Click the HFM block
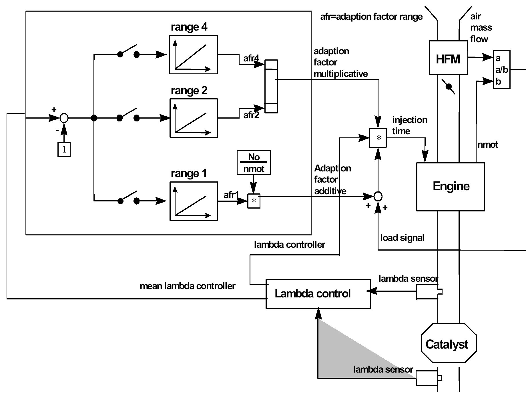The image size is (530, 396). pos(448,58)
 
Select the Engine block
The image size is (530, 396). pos(450,187)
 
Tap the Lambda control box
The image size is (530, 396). pos(318,294)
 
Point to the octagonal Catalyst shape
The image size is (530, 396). pos(448,343)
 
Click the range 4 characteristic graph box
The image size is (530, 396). pos(193,55)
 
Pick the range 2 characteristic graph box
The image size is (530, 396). pos(194,118)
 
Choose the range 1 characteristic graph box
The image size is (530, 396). pos(194,201)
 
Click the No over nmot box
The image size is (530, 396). pos(254,163)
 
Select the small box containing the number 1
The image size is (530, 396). pos(64,149)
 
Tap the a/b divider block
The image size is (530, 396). pos(501,69)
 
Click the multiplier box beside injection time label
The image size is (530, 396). pos(378,138)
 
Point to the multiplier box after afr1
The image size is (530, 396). pos(254,201)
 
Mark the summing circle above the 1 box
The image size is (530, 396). pos(64,118)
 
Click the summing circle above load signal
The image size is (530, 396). pos(378,196)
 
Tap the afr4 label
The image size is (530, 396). pos(251,58)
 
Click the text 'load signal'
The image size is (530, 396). pos(402,238)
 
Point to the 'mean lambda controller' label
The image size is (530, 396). pos(188,286)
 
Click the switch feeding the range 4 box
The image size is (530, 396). pos(129,52)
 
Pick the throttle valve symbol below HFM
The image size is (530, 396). pos(449,86)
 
